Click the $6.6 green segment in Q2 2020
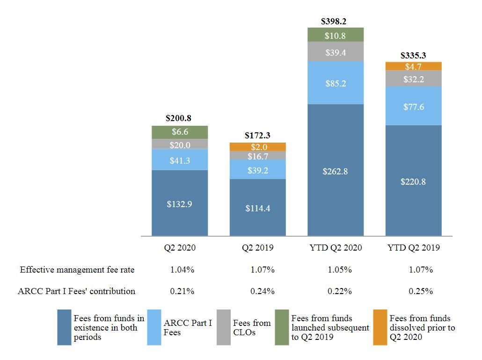180,132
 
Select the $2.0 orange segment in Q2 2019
257,147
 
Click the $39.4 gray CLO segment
335,52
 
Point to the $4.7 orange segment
413,66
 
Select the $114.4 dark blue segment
257,208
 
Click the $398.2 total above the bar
335,21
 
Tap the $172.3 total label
257,136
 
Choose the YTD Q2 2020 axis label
335,248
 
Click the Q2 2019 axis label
257,248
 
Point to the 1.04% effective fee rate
182,270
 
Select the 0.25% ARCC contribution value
420,291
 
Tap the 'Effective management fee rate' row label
77,270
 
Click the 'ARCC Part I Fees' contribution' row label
77,291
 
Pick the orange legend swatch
380,327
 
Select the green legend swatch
282,327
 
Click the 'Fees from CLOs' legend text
252,327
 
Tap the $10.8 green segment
335,35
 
